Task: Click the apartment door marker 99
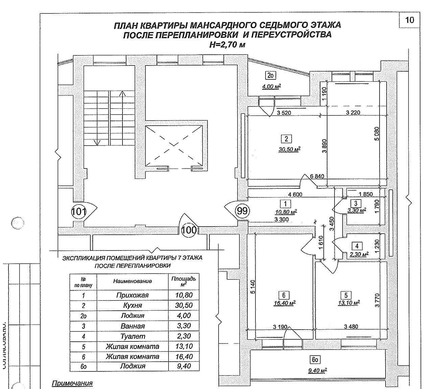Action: click(x=242, y=211)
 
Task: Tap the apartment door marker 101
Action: click(x=78, y=212)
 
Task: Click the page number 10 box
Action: click(x=409, y=20)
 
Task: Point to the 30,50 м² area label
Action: click(x=290, y=149)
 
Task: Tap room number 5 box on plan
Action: click(x=346, y=295)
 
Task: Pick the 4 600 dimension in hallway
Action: click(x=295, y=194)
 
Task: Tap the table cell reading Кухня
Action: click(x=132, y=305)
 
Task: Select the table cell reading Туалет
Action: click(x=132, y=336)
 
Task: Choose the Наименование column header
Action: click(x=132, y=281)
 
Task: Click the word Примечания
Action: click(x=72, y=383)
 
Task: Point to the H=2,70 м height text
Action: click(x=227, y=44)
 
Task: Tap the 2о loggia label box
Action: click(x=270, y=76)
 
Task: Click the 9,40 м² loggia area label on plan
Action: click(x=317, y=370)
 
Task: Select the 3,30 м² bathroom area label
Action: click(x=357, y=210)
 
